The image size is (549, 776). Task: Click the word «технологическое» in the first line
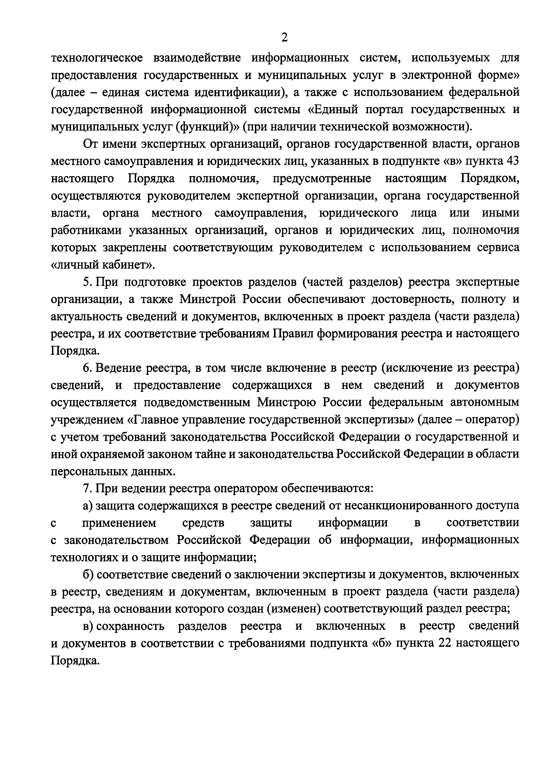[97, 58]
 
